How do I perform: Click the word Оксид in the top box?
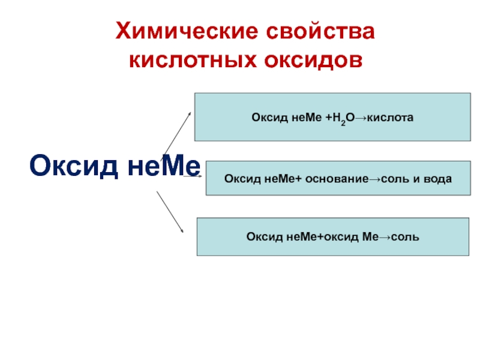coord(265,118)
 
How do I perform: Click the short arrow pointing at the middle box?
coord(192,176)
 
